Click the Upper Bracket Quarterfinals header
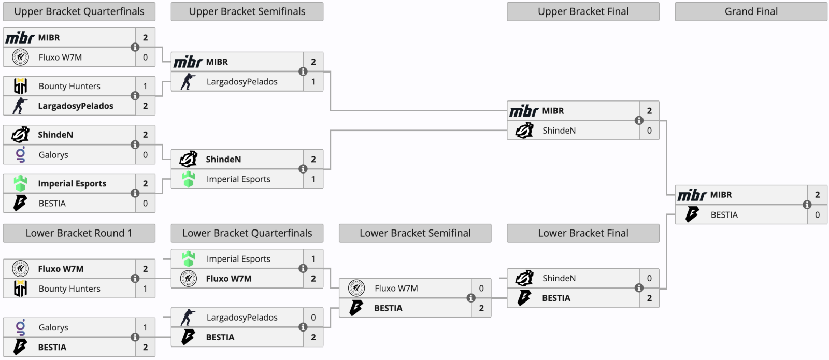79,11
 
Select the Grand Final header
751,11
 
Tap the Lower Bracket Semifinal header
415,233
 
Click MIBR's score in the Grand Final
817,195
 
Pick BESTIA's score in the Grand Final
817,214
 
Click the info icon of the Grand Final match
807,205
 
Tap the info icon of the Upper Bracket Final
639,120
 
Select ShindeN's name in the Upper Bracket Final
559,131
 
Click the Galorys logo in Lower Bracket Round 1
20,327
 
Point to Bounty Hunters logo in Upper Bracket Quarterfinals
20,86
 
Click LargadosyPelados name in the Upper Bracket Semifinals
241,82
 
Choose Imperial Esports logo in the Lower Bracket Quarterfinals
189,258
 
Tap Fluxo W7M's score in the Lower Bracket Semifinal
481,288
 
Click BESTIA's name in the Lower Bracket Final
556,298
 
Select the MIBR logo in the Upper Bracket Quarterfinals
20,37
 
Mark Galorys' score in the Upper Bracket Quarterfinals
145,155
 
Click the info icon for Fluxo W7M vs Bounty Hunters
135,279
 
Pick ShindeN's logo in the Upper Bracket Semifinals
189,159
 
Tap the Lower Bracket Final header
583,233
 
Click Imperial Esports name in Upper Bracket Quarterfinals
72,184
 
